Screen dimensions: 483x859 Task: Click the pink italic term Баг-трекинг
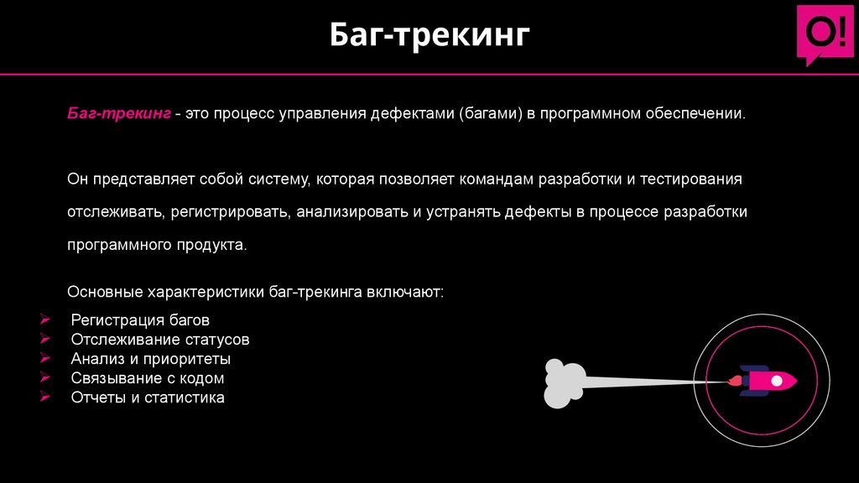tap(119, 113)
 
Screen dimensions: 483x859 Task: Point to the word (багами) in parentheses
tap(490, 113)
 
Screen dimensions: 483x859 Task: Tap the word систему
tap(279, 180)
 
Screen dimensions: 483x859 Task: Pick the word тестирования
tap(695, 180)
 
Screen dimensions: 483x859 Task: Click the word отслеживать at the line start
tap(115, 213)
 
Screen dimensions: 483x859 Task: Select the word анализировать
tap(351, 213)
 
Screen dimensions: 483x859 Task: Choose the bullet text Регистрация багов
tap(140, 320)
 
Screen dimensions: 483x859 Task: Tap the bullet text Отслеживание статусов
tap(160, 340)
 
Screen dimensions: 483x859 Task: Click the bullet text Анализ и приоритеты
tap(151, 359)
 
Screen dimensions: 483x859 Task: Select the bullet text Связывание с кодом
tap(148, 378)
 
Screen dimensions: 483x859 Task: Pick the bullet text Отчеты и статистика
tap(148, 397)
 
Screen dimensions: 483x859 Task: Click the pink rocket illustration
tap(764, 381)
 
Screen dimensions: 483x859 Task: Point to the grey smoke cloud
tap(563, 383)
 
